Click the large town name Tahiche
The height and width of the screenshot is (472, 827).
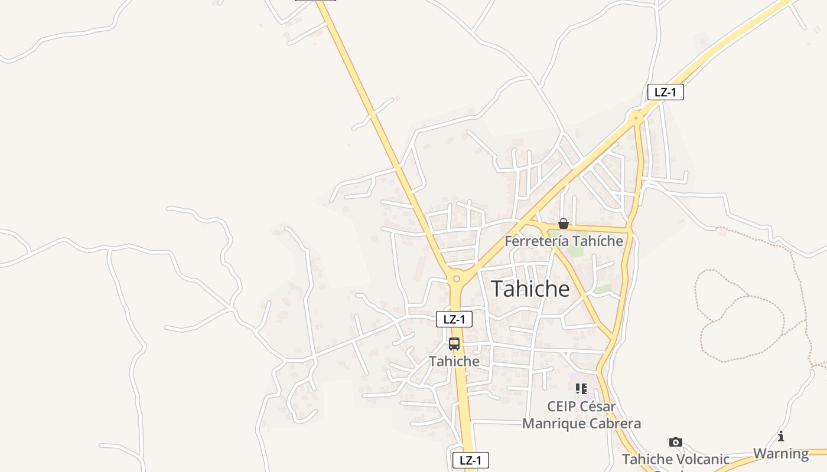530,289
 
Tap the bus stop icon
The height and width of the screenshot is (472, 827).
454,344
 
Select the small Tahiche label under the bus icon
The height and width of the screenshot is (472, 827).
454,361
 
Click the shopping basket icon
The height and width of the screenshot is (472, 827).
564,224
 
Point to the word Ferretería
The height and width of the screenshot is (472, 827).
536,241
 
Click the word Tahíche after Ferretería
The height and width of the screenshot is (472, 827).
597,241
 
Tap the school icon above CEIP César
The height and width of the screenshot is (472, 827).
581,389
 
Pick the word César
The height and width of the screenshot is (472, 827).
597,407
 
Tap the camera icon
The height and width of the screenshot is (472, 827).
676,442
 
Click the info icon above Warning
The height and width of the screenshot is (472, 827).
781,436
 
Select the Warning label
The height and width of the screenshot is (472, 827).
781,454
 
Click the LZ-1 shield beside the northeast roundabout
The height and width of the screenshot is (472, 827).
665,92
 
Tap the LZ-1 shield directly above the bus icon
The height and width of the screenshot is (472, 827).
454,319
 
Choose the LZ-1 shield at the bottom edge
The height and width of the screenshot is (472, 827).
470,460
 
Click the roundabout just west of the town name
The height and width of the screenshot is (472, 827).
456,278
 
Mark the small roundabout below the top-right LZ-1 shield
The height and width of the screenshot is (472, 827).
636,118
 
